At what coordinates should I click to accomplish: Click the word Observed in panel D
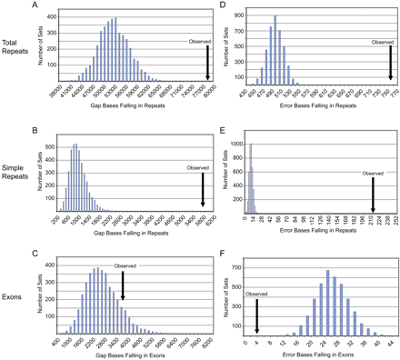[x=383, y=42]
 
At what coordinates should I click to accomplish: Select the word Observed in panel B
[x=202, y=166]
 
